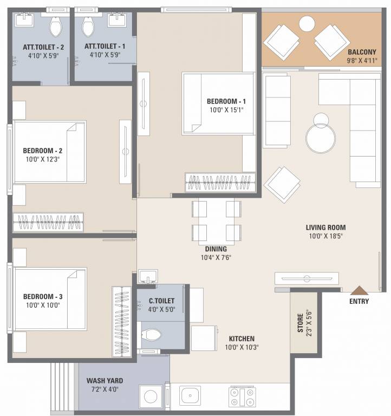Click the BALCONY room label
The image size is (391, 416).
coord(361,52)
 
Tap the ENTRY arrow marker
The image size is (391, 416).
coord(359,291)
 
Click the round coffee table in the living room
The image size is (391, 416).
coord(321,139)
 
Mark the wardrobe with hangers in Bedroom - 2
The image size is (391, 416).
coord(49,223)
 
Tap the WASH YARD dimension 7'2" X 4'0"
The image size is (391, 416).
coord(102,388)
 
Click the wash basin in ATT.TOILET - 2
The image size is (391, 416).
coord(24,21)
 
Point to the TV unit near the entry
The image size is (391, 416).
coord(307,278)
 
